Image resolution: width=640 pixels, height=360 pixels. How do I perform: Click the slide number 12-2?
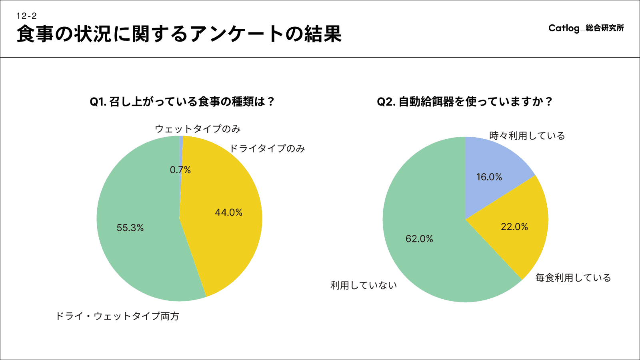(x=26, y=16)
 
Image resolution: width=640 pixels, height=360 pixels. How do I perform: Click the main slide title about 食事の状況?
(x=179, y=34)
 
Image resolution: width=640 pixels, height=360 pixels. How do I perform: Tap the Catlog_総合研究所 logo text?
(x=586, y=28)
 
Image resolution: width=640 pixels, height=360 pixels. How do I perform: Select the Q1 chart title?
(x=182, y=102)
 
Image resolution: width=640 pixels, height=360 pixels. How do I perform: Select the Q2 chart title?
(x=464, y=102)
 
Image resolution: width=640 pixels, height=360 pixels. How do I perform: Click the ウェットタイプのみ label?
(x=198, y=129)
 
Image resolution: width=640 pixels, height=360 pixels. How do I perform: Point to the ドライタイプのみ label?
(x=267, y=148)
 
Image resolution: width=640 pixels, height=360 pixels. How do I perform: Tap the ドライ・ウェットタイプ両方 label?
(x=118, y=316)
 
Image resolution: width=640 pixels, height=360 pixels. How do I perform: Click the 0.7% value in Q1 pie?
(x=180, y=170)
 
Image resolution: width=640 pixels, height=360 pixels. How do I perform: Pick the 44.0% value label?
(x=228, y=212)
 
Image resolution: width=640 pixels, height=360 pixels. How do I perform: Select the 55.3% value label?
(x=130, y=228)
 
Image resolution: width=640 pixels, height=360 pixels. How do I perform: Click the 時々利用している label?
(x=527, y=136)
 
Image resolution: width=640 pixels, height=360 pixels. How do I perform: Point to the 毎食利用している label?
(x=573, y=278)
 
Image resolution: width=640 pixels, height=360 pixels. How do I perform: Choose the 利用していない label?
(x=364, y=285)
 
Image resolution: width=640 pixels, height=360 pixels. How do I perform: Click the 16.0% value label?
(x=489, y=177)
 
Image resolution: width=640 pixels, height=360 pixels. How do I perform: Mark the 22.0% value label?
(x=514, y=227)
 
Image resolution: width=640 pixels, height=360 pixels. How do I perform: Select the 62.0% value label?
(x=419, y=239)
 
